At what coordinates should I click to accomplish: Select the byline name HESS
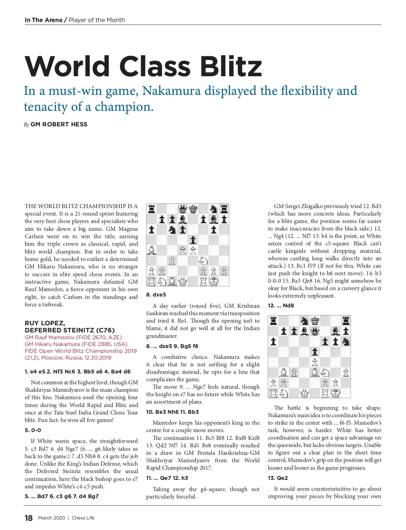[79, 124]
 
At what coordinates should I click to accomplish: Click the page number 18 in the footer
[29, 518]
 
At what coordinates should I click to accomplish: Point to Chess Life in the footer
[83, 518]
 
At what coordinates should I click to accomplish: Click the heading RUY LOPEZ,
[45, 323]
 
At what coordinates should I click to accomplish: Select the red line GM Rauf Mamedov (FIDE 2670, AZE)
[73, 337]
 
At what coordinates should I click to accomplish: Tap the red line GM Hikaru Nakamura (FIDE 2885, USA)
[76, 344]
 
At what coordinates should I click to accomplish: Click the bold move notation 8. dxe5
[156, 294]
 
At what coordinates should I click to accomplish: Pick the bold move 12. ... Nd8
[281, 305]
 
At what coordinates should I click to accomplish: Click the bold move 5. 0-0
[33, 430]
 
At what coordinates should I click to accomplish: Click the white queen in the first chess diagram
[183, 281]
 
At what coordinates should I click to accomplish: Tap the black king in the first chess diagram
[193, 209]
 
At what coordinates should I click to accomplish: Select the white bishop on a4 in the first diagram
[152, 250]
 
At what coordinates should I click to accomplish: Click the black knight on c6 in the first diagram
[172, 230]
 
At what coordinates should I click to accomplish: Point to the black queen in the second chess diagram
[315, 331]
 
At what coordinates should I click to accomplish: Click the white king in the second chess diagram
[336, 393]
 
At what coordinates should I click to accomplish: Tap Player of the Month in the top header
[97, 20]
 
